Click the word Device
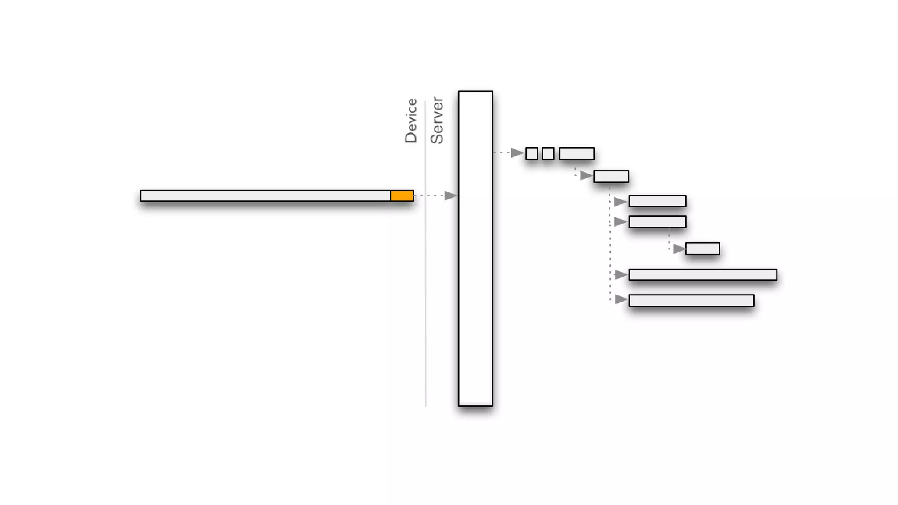tap(411, 121)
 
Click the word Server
tap(437, 121)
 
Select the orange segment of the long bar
tap(402, 196)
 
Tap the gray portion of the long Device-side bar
tap(265, 196)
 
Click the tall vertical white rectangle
tap(475, 248)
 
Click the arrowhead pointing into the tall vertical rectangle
tap(450, 196)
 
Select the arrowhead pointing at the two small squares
tap(517, 153)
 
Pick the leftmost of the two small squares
tap(531, 153)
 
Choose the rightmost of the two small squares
tap(548, 153)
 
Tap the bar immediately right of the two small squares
tap(577, 153)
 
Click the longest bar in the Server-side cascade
tap(702, 274)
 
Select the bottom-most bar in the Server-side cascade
tap(691, 300)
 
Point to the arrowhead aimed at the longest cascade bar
tap(620, 275)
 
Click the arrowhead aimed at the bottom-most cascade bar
tap(620, 299)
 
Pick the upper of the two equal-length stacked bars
tap(657, 201)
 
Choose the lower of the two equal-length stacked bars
tap(657, 222)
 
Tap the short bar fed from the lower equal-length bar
tap(702, 249)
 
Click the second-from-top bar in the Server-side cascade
tap(611, 176)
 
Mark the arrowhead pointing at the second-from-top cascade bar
tap(586, 176)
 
